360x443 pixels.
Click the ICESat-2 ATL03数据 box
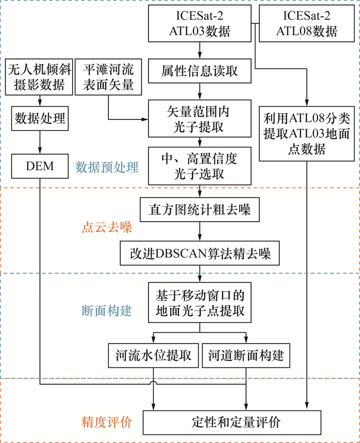click(200, 24)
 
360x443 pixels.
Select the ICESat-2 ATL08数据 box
click(307, 24)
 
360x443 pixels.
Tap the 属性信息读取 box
click(200, 70)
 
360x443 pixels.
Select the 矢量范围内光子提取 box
click(200, 117)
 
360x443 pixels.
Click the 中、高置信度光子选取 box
click(200, 166)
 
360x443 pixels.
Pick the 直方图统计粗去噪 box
click(200, 211)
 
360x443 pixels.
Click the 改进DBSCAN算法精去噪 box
click(200, 254)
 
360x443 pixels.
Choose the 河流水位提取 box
click(153, 356)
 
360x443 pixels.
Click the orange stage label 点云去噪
click(107, 227)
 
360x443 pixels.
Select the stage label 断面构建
click(107, 310)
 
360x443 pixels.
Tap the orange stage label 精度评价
click(107, 422)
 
